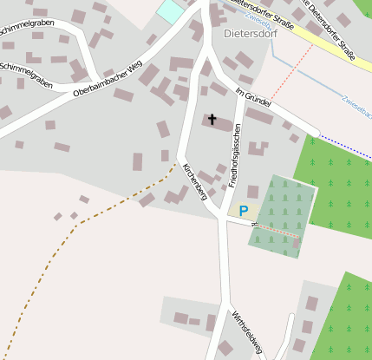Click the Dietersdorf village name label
click(248, 35)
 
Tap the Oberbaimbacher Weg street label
click(108, 78)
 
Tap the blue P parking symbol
click(243, 211)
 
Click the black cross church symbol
click(212, 119)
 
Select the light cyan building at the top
click(171, 10)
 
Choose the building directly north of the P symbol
click(252, 192)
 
